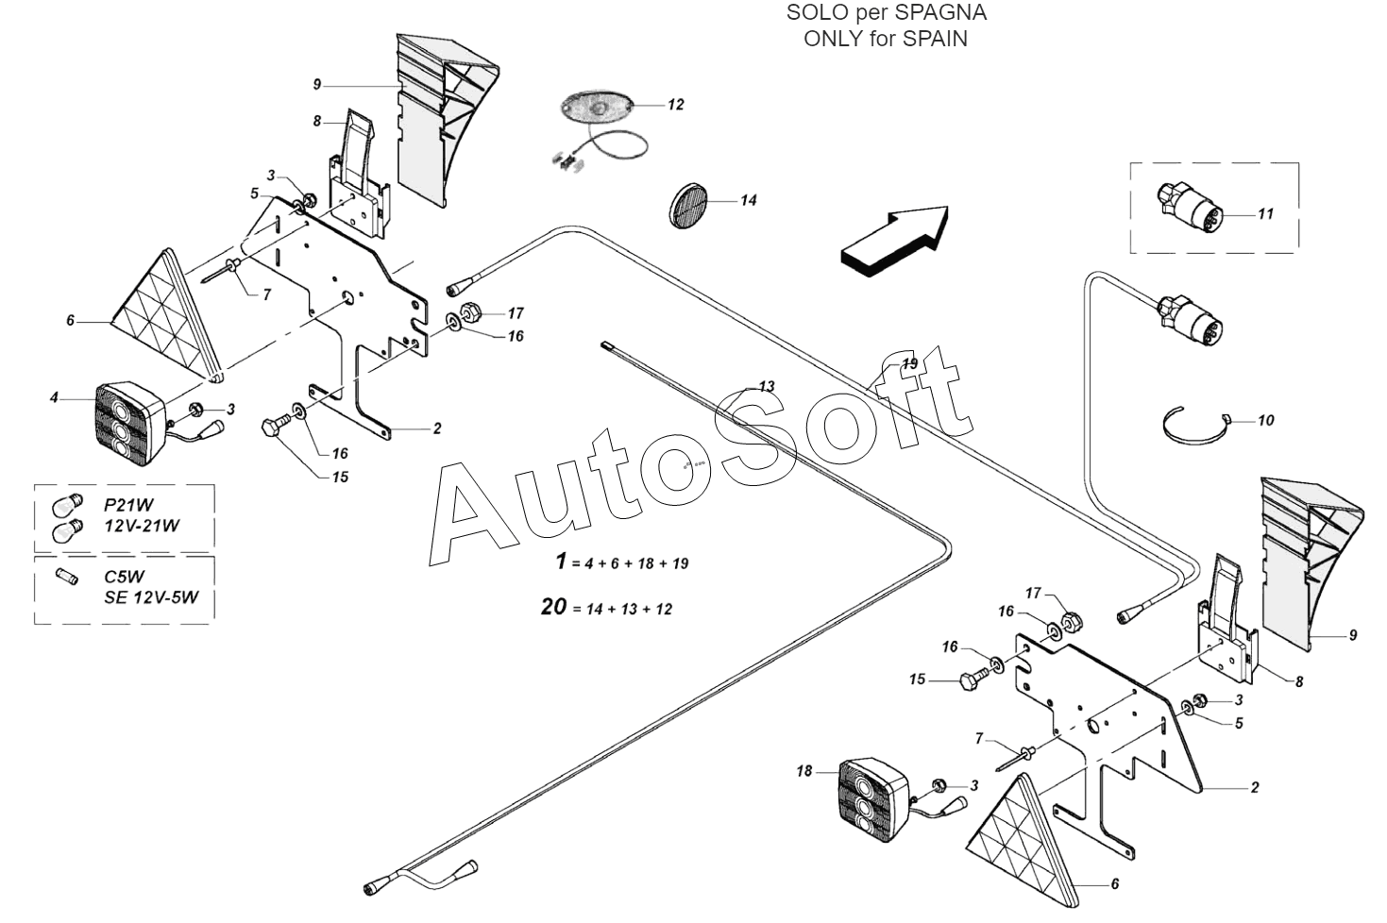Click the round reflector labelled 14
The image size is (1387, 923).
point(688,204)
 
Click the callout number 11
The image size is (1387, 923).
point(1265,213)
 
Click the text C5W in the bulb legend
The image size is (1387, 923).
point(125,576)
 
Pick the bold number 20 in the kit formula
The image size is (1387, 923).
point(553,606)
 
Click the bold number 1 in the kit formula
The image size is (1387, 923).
point(562,561)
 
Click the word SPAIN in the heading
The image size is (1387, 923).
point(934,39)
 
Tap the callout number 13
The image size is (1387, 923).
point(767,386)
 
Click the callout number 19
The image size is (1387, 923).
point(908,363)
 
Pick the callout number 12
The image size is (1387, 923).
point(675,104)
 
